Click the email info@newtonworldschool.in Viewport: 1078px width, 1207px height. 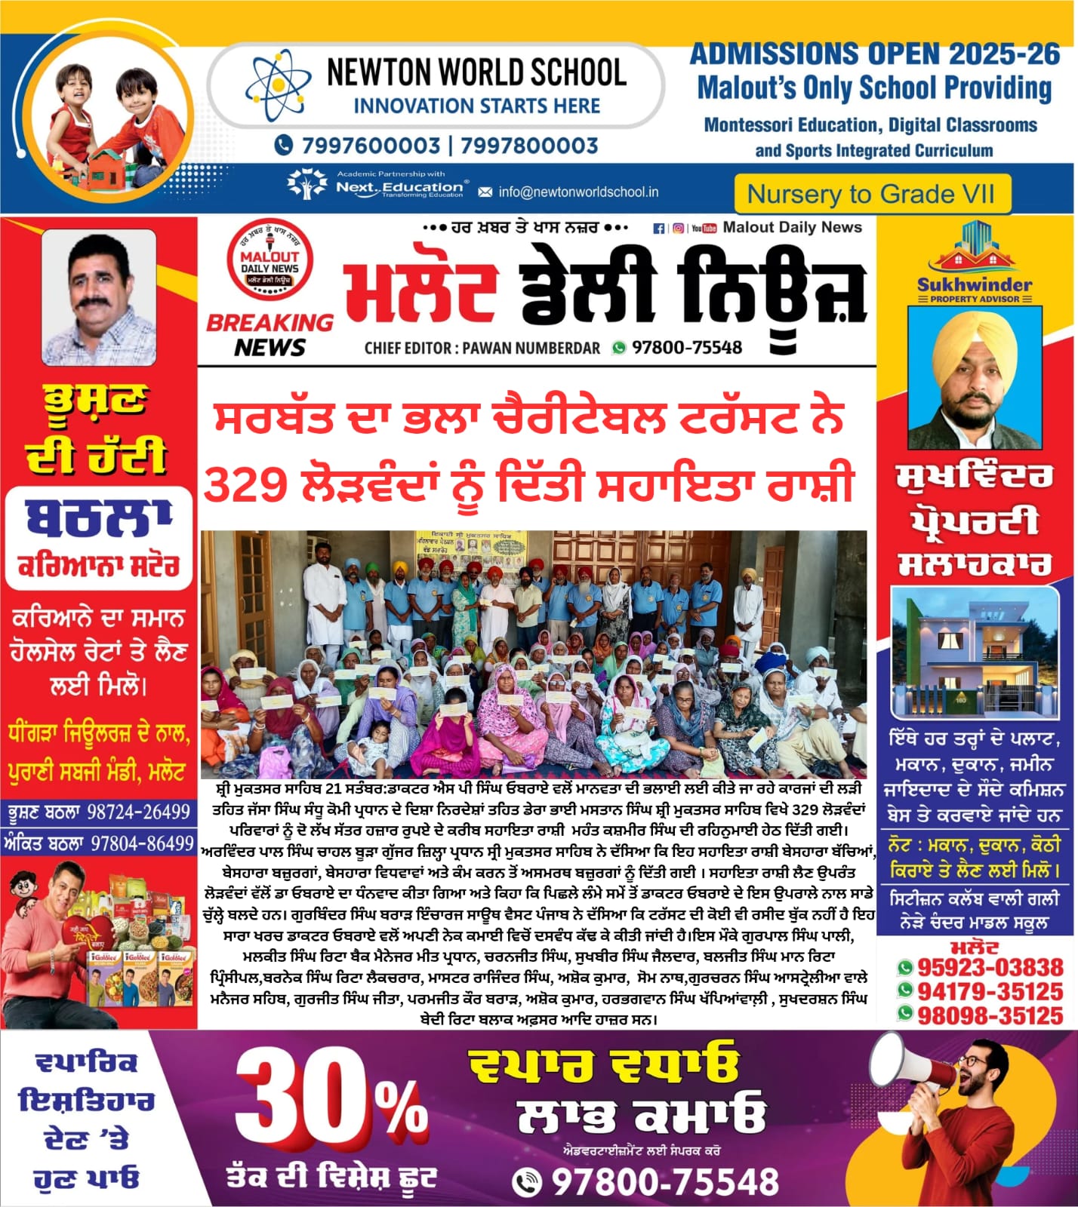coord(577,192)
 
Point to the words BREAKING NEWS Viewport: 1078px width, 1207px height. coord(269,334)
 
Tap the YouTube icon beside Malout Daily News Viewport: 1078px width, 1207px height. coord(704,228)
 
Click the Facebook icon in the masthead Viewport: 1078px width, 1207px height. coord(659,228)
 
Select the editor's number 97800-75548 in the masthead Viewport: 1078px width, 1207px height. coord(686,347)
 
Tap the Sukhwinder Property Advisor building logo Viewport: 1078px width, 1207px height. coord(974,249)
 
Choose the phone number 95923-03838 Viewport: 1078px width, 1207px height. coord(990,967)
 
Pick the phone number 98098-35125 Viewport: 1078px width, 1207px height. coord(990,1015)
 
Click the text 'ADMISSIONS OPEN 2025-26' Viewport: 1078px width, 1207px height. coord(874,54)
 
